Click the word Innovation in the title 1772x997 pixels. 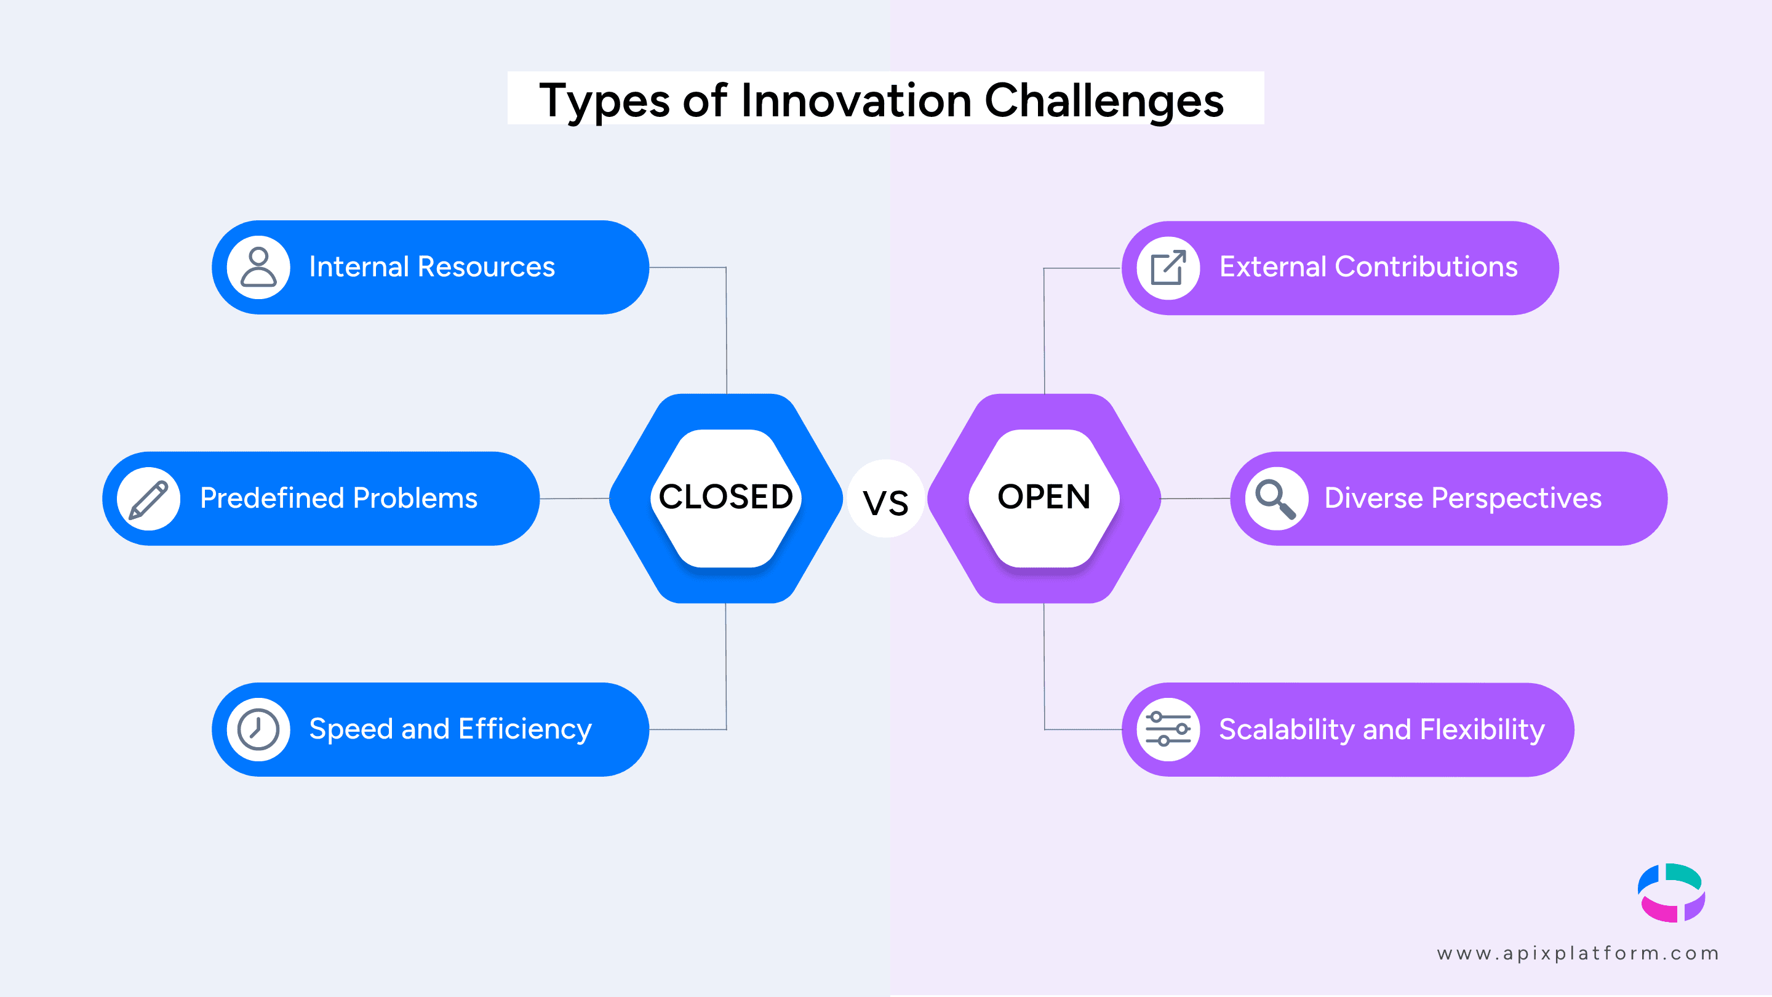[x=856, y=100]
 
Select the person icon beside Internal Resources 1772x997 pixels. [x=258, y=267]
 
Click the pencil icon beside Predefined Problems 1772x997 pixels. [x=148, y=499]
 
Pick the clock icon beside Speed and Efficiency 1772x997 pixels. [x=258, y=729]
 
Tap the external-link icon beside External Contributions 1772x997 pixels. [x=1168, y=268]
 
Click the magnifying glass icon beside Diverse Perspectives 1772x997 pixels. [x=1276, y=499]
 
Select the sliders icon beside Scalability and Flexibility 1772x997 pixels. [x=1168, y=729]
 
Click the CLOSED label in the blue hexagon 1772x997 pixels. [x=726, y=497]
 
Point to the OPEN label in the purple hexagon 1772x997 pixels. [x=1044, y=497]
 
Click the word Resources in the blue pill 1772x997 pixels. [x=485, y=267]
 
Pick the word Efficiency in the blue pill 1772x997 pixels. [x=525, y=729]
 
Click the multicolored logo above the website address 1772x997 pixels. [x=1672, y=892]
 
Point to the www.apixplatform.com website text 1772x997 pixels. [x=1578, y=953]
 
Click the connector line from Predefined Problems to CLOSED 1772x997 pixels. [x=575, y=498]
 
